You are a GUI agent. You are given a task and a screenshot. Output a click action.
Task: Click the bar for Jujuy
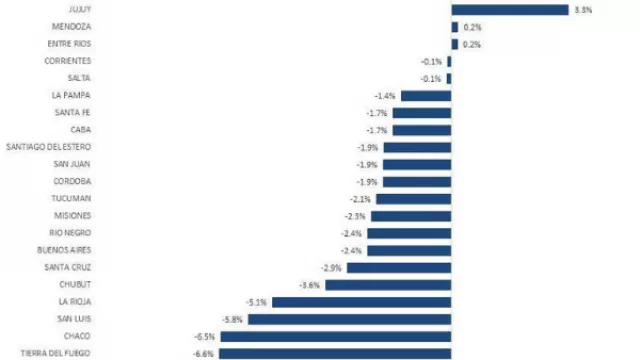[x=509, y=10]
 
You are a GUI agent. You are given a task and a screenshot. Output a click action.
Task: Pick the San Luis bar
[x=348, y=318]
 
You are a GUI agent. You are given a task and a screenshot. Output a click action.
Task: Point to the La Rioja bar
[x=361, y=301]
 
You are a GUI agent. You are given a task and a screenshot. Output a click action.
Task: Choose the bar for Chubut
[x=388, y=284]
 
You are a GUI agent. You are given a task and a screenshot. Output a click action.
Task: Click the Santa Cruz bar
[x=399, y=267]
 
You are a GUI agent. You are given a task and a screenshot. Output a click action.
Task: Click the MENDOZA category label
[x=74, y=27]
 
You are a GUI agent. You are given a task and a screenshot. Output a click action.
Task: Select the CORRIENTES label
[x=70, y=61]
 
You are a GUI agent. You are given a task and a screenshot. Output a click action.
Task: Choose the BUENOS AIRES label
[x=65, y=249]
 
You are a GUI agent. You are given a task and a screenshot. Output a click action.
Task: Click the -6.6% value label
[x=204, y=352]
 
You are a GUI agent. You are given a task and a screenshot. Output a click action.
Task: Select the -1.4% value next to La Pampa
[x=384, y=96]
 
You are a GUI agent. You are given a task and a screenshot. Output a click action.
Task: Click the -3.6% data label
[x=310, y=284]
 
